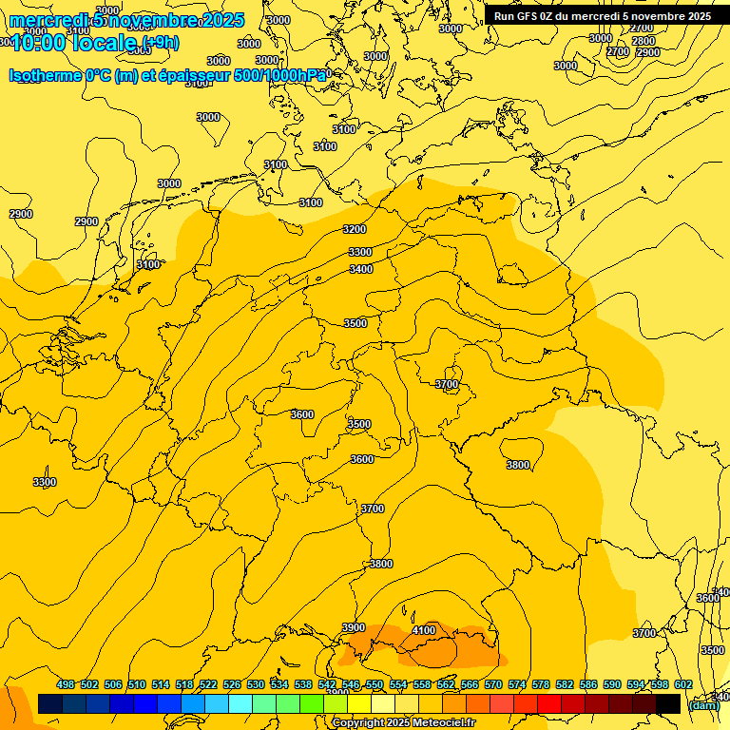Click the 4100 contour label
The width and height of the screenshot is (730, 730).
424,630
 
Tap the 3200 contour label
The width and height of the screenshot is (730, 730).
355,229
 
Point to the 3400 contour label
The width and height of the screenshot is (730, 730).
361,269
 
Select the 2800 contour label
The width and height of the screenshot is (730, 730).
644,41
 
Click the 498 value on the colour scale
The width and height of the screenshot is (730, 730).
66,684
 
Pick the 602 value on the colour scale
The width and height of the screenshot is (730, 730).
683,684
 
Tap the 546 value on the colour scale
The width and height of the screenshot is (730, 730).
351,684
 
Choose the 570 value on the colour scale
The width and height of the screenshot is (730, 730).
493,684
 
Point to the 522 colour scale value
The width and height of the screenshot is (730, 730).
208,684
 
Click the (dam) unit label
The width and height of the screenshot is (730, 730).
703,705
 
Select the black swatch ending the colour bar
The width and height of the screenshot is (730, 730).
668,703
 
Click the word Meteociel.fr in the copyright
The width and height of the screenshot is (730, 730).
444,723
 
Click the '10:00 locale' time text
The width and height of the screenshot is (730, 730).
76,43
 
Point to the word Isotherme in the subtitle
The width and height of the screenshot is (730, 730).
44,75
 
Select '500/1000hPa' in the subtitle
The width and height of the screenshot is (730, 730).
286,75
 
